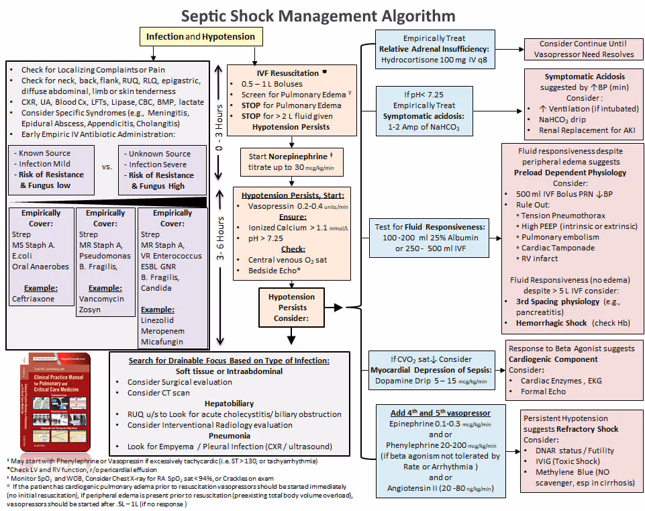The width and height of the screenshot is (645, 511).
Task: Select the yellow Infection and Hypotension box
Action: pos(201,36)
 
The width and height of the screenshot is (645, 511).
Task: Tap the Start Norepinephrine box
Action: pos(291,161)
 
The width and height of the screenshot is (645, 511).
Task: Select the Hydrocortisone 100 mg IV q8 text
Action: pos(435,59)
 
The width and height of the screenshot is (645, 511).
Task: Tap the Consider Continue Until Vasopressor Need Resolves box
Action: pos(583,48)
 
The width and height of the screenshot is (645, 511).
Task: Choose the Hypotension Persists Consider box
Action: pos(291,308)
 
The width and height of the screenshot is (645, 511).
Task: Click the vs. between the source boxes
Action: pos(108,167)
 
